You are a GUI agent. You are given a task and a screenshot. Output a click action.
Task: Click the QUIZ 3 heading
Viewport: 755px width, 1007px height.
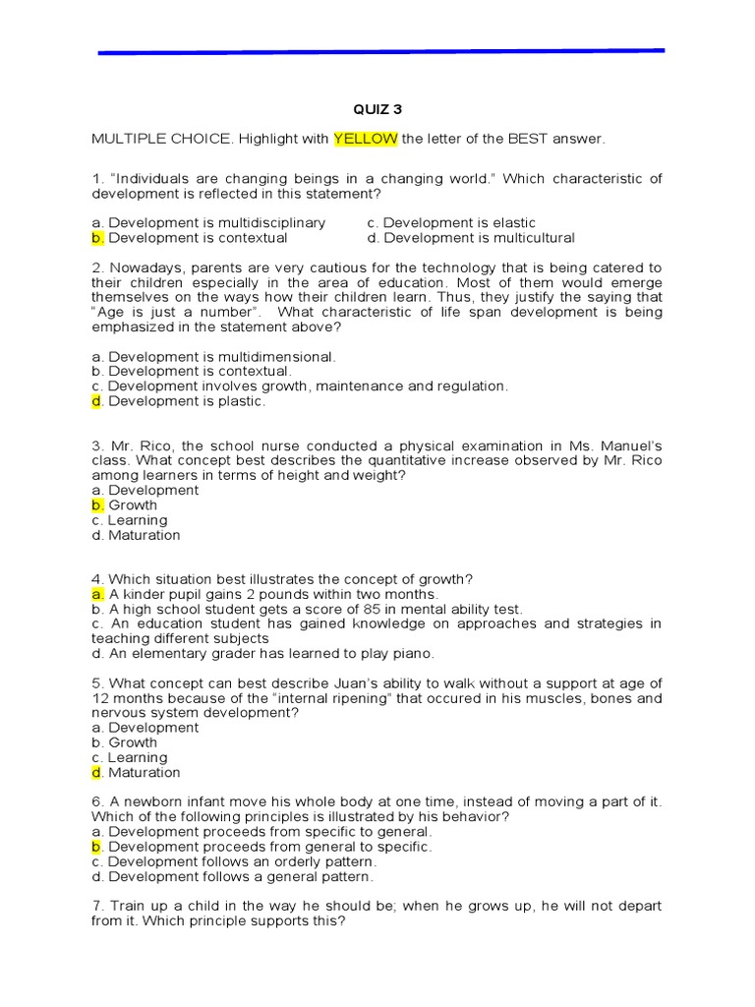pyautogui.click(x=377, y=109)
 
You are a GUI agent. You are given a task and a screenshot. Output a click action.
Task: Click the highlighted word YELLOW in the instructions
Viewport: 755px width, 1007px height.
pyautogui.click(x=366, y=140)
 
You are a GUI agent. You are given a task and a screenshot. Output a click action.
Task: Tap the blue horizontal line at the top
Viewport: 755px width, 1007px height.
pyautogui.click(x=381, y=51)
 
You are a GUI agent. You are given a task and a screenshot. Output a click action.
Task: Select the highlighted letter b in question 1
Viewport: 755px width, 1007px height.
pyautogui.click(x=97, y=238)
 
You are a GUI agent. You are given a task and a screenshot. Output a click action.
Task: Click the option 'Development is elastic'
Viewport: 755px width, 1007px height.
pyautogui.click(x=451, y=223)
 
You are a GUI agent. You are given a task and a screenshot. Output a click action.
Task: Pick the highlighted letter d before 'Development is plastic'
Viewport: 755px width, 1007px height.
pyautogui.click(x=97, y=401)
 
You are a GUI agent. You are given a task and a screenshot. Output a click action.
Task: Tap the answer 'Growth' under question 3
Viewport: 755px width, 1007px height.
pyautogui.click(x=132, y=505)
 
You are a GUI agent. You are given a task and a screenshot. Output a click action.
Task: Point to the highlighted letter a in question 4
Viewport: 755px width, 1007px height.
pyautogui.click(x=97, y=595)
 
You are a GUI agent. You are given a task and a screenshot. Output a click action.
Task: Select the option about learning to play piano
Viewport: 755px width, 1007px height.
pyautogui.click(x=262, y=653)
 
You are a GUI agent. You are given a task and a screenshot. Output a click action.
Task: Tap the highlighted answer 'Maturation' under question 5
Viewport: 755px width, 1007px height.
pyautogui.click(x=144, y=773)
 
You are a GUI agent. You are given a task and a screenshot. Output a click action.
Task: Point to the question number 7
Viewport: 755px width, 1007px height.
pyautogui.click(x=96, y=906)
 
